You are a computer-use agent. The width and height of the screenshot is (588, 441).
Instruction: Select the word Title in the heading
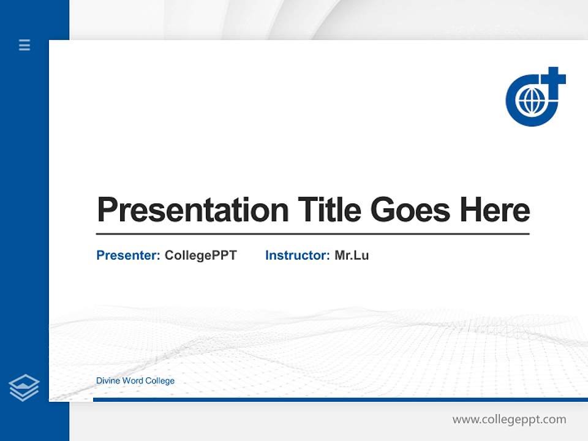pyautogui.click(x=329, y=210)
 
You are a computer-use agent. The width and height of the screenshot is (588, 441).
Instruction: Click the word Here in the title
pyautogui.click(x=495, y=210)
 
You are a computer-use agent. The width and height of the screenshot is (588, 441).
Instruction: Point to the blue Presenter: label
pyautogui.click(x=128, y=255)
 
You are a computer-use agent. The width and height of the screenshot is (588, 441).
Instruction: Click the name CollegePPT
pyautogui.click(x=200, y=255)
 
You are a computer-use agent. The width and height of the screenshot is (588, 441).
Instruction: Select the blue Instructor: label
pyautogui.click(x=297, y=255)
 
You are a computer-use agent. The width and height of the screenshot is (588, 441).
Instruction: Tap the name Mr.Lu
pyautogui.click(x=352, y=255)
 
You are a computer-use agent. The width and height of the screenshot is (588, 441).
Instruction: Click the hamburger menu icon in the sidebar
pyautogui.click(x=24, y=45)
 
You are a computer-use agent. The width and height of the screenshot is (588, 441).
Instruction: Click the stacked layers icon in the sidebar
pyautogui.click(x=24, y=388)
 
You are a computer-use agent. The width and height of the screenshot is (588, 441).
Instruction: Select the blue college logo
pyautogui.click(x=534, y=98)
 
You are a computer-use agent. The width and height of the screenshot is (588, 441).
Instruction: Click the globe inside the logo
pyautogui.click(x=530, y=101)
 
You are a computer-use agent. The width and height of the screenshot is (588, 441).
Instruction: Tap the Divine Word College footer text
pyautogui.click(x=135, y=381)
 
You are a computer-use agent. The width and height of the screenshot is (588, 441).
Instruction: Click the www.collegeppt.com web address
pyautogui.click(x=509, y=420)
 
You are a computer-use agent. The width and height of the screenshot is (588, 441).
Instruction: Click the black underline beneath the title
pyautogui.click(x=312, y=234)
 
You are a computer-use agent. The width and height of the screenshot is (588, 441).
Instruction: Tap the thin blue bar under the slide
pyautogui.click(x=340, y=399)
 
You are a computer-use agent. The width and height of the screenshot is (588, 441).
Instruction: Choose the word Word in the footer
pyautogui.click(x=132, y=381)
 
